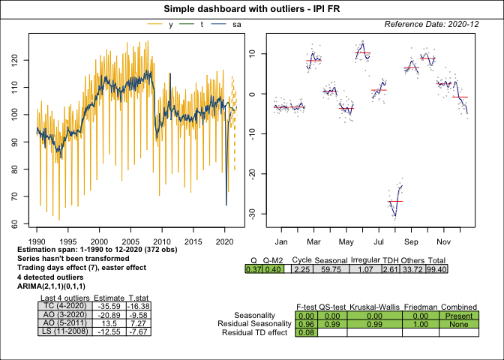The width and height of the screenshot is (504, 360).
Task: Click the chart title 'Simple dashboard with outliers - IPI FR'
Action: pyautogui.click(x=251, y=8)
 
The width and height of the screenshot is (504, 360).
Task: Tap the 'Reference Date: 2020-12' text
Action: pyautogui.click(x=432, y=25)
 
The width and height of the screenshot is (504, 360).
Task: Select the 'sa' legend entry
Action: pyautogui.click(x=236, y=25)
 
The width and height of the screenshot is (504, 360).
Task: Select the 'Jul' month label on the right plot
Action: pyautogui.click(x=378, y=241)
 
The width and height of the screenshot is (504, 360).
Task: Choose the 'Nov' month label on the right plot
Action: pyautogui.click(x=442, y=241)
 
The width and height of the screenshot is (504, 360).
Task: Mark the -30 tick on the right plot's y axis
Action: pyautogui.click(x=254, y=214)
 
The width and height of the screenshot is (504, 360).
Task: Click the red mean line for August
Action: pyautogui.click(x=395, y=201)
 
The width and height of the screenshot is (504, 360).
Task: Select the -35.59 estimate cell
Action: pyautogui.click(x=109, y=305)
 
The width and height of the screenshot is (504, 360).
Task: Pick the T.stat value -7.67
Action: pyautogui.click(x=139, y=332)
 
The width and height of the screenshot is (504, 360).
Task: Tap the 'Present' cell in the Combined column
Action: pyautogui.click(x=458, y=316)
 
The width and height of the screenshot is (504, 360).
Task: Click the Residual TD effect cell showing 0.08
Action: pyautogui.click(x=306, y=332)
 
